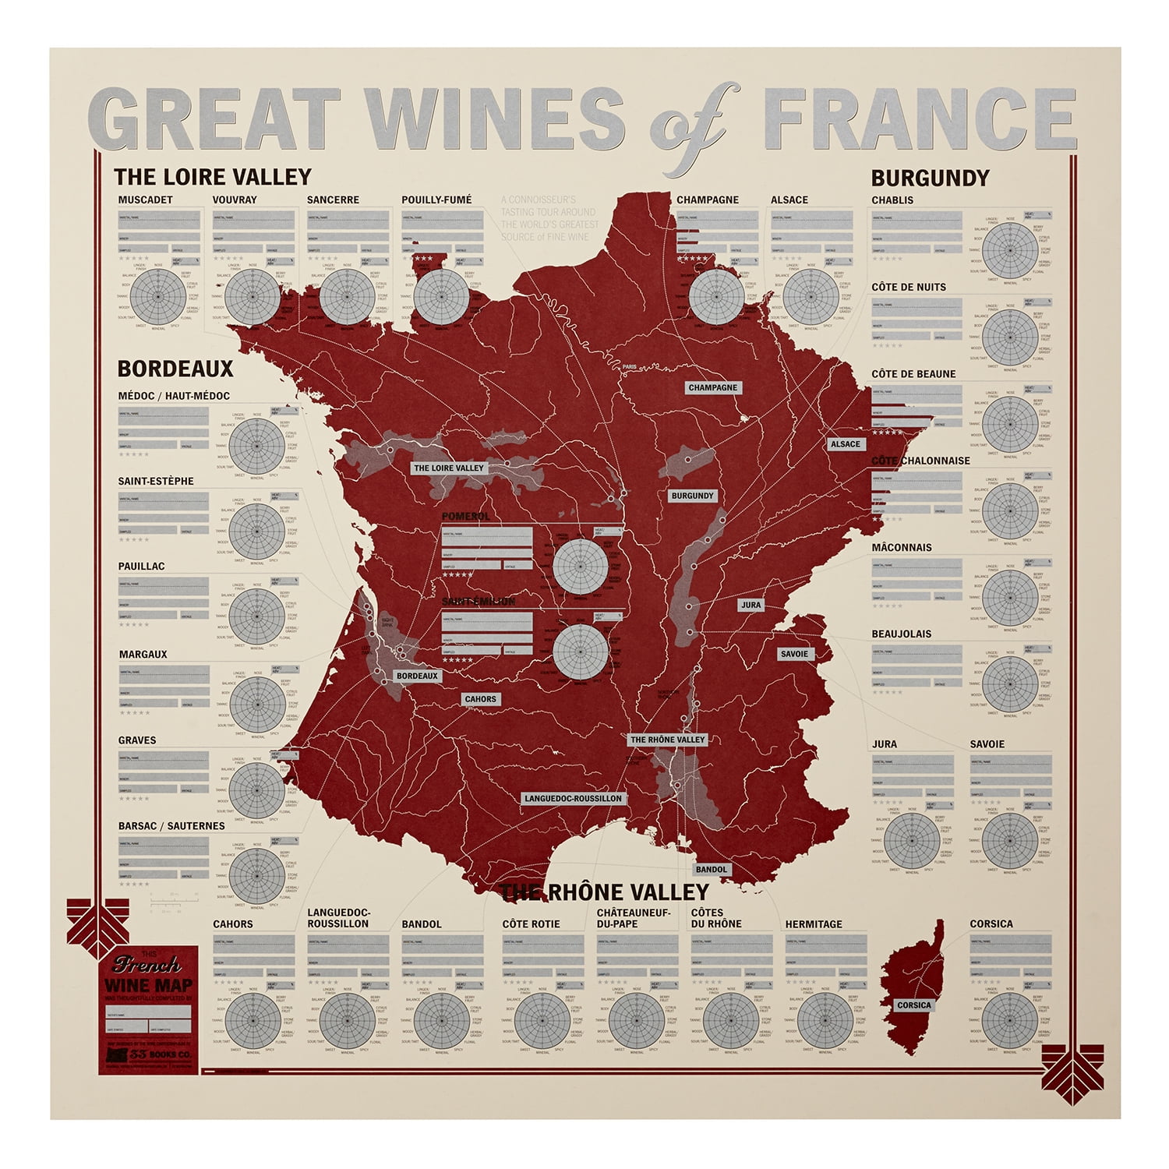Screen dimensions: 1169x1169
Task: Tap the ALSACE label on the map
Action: [x=845, y=444]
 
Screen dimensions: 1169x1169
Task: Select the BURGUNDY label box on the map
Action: [x=692, y=496]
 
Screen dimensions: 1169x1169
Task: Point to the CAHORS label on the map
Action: [x=480, y=699]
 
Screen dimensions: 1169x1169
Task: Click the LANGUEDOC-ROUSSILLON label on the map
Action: [x=573, y=799]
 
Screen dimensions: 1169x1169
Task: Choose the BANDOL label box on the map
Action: [x=712, y=869]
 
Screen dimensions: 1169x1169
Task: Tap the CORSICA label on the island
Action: [x=913, y=1005]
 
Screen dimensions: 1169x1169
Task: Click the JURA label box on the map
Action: [x=750, y=605]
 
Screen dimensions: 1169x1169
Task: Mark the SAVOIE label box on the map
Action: [x=794, y=654]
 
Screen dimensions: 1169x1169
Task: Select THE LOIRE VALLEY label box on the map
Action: [x=449, y=468]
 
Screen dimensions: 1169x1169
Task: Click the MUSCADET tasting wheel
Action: [x=157, y=297]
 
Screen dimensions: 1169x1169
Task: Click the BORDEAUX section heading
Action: [x=175, y=369]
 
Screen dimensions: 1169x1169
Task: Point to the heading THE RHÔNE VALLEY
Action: [x=605, y=892]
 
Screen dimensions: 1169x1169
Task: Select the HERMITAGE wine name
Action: [x=814, y=924]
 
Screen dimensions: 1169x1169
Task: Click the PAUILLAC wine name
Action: [x=141, y=567]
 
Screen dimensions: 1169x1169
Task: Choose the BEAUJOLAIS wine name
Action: [x=901, y=634]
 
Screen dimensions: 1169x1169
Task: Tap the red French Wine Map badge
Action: [x=148, y=1010]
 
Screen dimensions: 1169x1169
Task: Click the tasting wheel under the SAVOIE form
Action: [x=1010, y=841]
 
